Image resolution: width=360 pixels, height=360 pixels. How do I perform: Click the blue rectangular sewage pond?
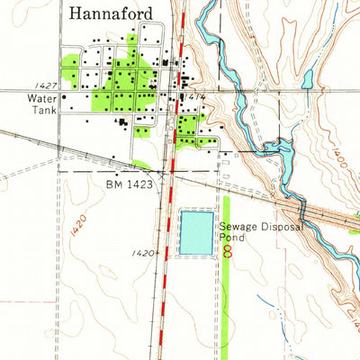tap(197, 232)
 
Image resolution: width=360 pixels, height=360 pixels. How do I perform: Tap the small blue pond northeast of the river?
tap(308, 80)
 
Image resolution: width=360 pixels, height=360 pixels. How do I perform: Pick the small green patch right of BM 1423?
tap(141, 165)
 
